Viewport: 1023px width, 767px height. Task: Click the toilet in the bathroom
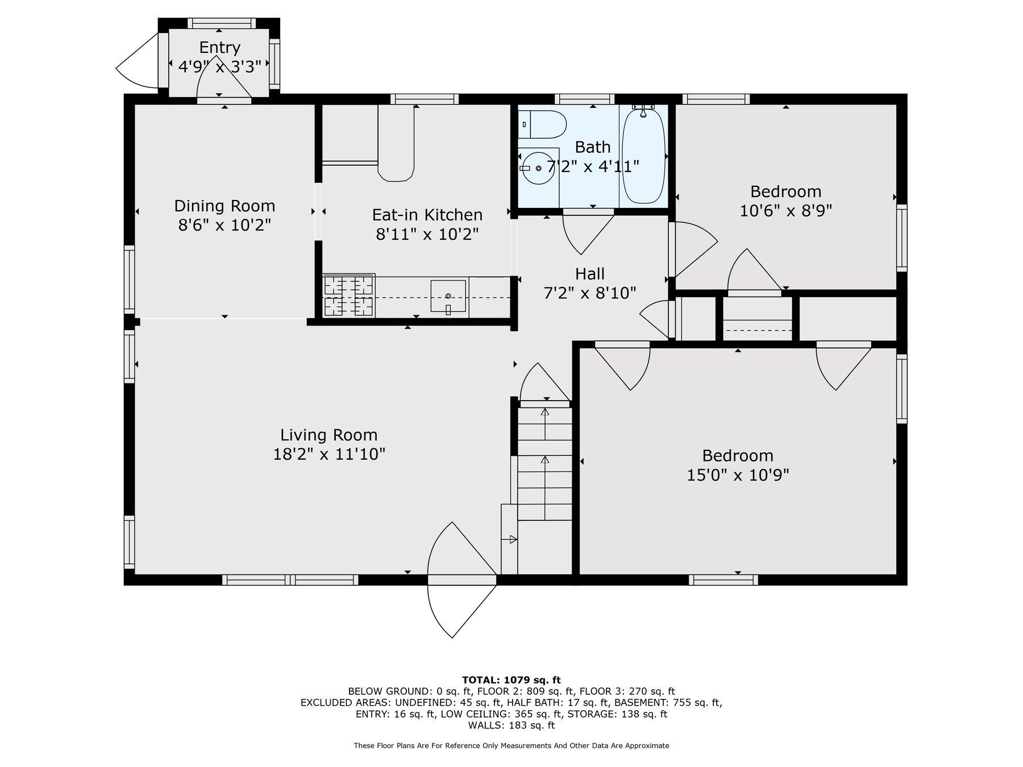point(543,124)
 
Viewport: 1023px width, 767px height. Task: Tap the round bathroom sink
point(538,169)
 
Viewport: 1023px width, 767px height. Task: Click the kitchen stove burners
point(349,295)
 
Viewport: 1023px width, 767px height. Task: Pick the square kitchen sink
point(448,296)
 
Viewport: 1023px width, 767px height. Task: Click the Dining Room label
point(224,206)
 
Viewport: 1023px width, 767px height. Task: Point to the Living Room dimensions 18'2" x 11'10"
point(329,454)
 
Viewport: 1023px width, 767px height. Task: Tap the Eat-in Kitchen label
point(427,215)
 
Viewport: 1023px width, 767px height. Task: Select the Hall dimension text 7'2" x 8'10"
point(589,293)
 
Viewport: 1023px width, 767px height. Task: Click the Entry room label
point(219,48)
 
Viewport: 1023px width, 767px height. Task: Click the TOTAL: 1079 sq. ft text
point(511,680)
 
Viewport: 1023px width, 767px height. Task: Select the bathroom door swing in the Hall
point(585,233)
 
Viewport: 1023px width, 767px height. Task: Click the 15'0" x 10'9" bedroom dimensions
point(738,475)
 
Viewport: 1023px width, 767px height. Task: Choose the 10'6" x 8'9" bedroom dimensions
point(785,211)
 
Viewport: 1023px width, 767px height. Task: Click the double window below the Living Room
point(290,580)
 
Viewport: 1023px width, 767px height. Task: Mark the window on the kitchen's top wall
point(425,99)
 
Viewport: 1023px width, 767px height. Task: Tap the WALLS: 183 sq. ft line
point(511,725)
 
